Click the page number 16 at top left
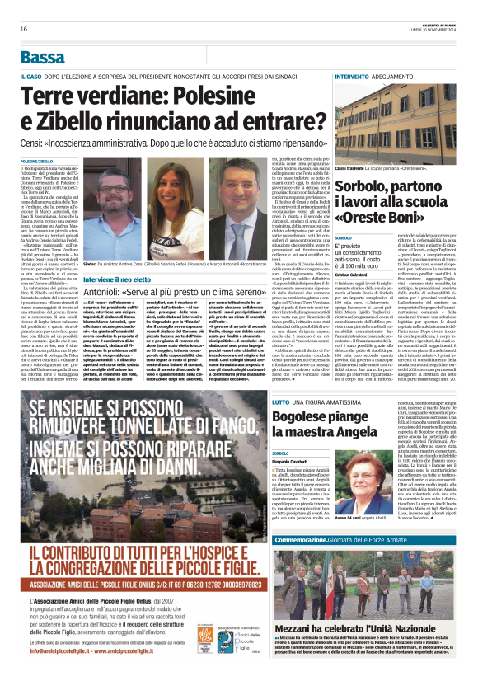[24, 29]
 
